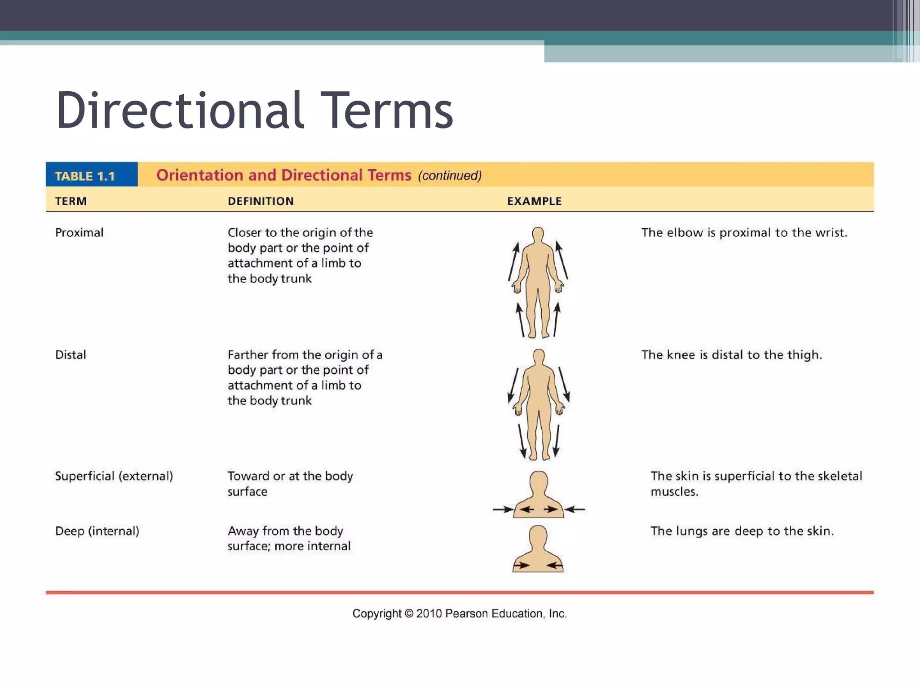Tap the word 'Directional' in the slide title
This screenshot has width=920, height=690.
pyautogui.click(x=180, y=111)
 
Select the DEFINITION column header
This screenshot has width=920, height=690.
pyautogui.click(x=261, y=201)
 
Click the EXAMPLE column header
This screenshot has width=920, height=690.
pyautogui.click(x=534, y=201)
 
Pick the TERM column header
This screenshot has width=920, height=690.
pyautogui.click(x=71, y=201)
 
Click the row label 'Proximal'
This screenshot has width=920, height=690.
pyautogui.click(x=79, y=233)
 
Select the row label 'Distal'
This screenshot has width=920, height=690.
pyautogui.click(x=71, y=355)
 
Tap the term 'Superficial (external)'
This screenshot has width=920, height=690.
pyautogui.click(x=114, y=476)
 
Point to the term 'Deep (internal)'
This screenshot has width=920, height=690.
pyautogui.click(x=97, y=531)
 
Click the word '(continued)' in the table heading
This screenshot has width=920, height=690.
pyautogui.click(x=450, y=176)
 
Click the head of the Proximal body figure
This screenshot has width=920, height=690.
pyautogui.click(x=538, y=234)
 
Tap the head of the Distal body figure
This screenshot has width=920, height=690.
pyautogui.click(x=539, y=357)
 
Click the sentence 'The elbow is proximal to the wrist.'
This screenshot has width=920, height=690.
pyautogui.click(x=744, y=233)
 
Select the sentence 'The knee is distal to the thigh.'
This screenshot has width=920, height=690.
pyautogui.click(x=731, y=355)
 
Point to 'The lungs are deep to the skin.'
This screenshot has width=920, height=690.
pyautogui.click(x=742, y=531)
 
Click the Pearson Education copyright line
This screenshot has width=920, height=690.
pyautogui.click(x=459, y=614)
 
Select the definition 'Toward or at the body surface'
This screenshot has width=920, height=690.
pyautogui.click(x=290, y=483)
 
